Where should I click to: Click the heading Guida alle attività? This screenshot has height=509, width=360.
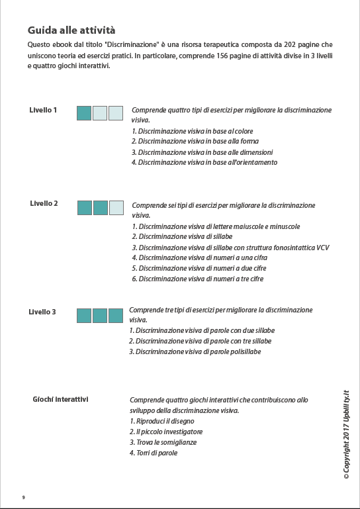tap(71, 30)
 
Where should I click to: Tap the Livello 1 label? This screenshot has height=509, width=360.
tap(43, 110)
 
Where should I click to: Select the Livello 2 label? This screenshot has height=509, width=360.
tap(44, 203)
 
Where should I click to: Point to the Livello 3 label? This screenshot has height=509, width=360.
tap(42, 312)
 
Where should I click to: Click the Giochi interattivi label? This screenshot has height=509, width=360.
tap(61, 399)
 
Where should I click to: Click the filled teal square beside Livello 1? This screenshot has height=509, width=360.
tap(84, 113)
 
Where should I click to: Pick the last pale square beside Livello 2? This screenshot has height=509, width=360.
tap(116, 207)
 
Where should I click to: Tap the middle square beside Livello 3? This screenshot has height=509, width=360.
tap(100, 316)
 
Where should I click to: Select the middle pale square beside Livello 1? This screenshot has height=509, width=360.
tap(100, 113)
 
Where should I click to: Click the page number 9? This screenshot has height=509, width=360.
tap(24, 497)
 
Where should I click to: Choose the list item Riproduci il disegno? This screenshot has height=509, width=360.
tap(161, 421)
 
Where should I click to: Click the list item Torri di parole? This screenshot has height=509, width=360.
tap(154, 453)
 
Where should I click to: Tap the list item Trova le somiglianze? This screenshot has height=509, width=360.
tap(163, 442)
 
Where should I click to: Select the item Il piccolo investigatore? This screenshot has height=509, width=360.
tap(165, 432)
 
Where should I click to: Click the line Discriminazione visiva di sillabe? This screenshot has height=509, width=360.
tap(182, 236)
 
